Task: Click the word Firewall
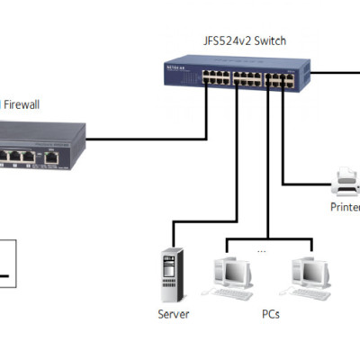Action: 23,104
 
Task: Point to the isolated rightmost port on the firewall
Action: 53,157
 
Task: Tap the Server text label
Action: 172,315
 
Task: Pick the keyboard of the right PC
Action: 308,294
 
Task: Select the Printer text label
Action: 345,208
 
